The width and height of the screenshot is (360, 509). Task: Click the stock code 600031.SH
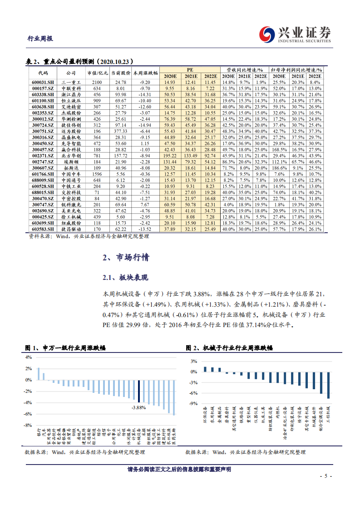pos(42,82)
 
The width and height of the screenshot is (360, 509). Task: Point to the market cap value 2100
pos(97,82)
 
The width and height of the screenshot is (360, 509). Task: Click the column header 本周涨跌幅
pos(145,73)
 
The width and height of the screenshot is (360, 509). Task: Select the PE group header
pos(190,69)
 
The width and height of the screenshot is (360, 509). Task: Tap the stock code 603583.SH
pos(42,229)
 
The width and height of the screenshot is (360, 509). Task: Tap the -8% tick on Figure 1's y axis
pos(28,425)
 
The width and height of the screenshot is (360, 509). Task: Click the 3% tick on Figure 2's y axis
pos(193,361)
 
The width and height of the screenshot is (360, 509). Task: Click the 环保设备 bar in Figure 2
pos(205,369)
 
